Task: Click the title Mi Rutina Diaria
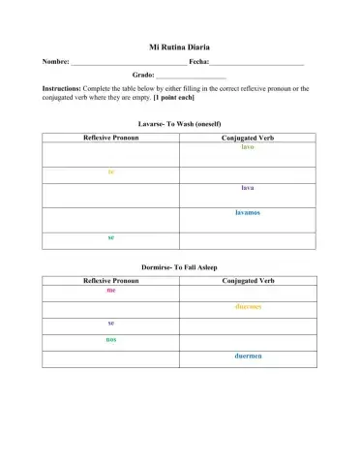click(179, 46)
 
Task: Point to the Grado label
click(143, 75)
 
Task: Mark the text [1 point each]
click(174, 98)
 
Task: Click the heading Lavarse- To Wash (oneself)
click(179, 125)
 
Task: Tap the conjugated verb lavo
click(248, 147)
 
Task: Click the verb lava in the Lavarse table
click(248, 188)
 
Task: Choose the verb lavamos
click(248, 212)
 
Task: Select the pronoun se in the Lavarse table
click(111, 237)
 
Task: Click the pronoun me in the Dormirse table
click(111, 290)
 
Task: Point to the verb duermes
click(248, 306)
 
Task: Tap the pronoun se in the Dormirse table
click(111, 323)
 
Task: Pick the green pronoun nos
click(111, 339)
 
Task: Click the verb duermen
click(248, 356)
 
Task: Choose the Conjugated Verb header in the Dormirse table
click(248, 280)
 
